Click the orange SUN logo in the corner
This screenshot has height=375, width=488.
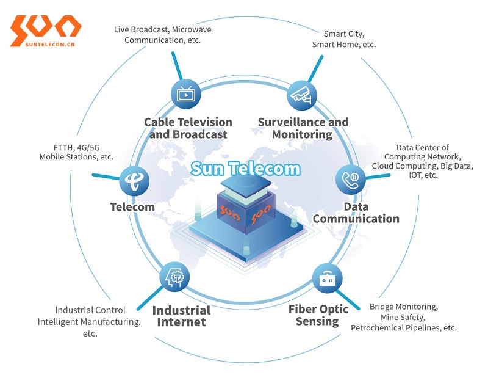tap(46, 27)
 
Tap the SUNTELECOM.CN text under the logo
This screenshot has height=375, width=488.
tap(50, 44)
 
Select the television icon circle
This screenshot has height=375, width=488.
tap(186, 94)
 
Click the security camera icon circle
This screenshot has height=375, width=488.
tap(301, 95)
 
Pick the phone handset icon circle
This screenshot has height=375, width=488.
tap(351, 180)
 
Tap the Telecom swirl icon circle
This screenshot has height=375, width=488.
tap(134, 181)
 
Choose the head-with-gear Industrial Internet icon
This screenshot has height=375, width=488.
tap(174, 277)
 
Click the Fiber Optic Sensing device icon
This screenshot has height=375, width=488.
tap(327, 279)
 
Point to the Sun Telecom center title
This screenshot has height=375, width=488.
tap(246, 169)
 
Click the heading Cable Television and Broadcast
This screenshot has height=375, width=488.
tap(188, 128)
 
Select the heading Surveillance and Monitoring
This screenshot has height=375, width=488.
tap(303, 128)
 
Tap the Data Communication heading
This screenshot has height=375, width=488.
tap(356, 213)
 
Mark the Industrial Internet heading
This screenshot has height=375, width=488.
tap(181, 316)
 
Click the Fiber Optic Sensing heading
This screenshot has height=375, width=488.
tap(318, 315)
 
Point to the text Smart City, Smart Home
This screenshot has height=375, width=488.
tap(344, 39)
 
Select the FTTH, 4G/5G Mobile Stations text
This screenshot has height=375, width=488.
tap(76, 152)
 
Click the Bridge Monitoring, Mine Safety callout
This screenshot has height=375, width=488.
tap(404, 318)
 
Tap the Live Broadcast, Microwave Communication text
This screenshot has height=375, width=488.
tap(162, 35)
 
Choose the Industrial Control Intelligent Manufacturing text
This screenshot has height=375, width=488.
tap(89, 322)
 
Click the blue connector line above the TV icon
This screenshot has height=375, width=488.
tap(177, 66)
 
